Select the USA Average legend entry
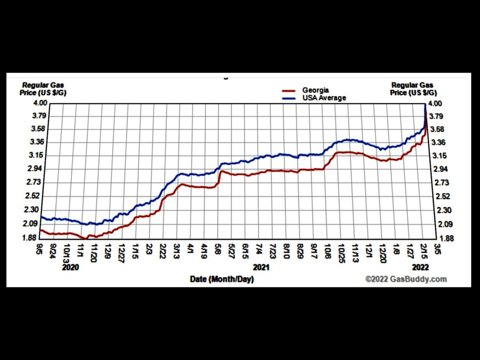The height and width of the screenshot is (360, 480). click(x=324, y=98)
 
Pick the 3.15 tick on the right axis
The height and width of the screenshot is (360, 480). click(x=442, y=156)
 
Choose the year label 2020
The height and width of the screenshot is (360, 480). click(x=70, y=267)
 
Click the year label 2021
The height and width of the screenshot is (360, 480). click(x=261, y=267)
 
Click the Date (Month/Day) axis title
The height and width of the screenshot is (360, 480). click(x=222, y=280)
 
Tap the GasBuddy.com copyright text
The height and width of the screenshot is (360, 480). click(x=406, y=279)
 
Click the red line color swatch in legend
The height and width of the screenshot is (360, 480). click(x=289, y=91)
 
